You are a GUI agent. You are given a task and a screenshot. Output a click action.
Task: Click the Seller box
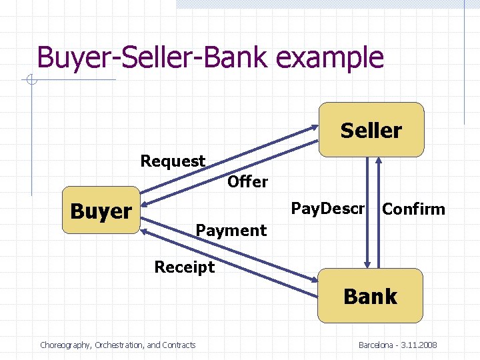[x=371, y=130]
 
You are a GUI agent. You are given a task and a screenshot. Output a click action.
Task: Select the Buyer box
[x=101, y=211]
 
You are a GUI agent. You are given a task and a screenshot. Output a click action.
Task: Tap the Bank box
[x=371, y=296]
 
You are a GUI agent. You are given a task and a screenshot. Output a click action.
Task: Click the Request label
[x=173, y=161]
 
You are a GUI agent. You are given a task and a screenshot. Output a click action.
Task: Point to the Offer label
[x=247, y=181]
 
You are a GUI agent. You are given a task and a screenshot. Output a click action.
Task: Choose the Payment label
[x=231, y=231]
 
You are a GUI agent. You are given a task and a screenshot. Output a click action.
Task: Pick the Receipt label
[x=185, y=267]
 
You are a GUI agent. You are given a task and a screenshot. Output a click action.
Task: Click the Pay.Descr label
[x=328, y=209]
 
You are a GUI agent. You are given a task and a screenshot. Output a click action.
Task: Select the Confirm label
[x=413, y=209]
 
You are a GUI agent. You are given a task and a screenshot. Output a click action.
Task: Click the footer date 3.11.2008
[x=418, y=345]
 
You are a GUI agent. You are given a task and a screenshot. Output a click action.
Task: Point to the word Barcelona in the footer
[x=377, y=345]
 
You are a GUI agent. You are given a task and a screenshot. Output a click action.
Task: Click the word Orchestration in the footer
[x=119, y=345]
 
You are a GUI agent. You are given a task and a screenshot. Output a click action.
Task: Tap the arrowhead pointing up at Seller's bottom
[x=379, y=162]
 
